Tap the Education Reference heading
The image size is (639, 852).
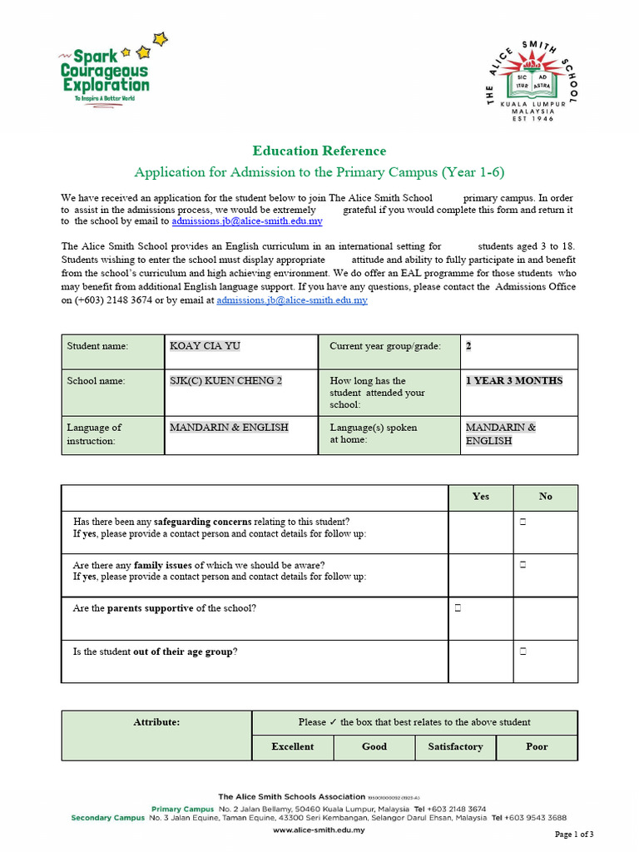(319, 151)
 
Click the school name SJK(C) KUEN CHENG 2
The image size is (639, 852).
(225, 380)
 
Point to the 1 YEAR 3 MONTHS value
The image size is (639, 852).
(513, 380)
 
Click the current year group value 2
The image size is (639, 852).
(468, 346)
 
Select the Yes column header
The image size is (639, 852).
(480, 496)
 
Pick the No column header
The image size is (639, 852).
(545, 496)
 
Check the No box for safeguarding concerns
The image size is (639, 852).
(523, 522)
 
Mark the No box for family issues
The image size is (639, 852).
(523, 565)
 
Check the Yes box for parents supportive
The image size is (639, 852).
(458, 608)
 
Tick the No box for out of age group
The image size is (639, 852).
(523, 651)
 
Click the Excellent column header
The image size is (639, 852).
(292, 746)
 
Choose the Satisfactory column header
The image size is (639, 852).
(455, 746)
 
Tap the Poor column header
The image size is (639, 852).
(537, 746)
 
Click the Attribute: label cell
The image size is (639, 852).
(156, 722)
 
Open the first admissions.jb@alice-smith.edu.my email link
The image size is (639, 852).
(247, 222)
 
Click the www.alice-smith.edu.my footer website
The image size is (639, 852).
(319, 829)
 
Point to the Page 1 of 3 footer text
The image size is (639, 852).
(574, 834)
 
